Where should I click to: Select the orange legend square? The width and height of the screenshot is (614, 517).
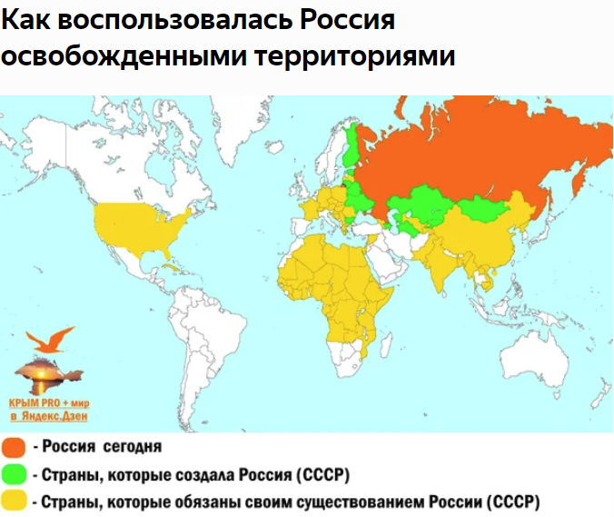click(13, 448)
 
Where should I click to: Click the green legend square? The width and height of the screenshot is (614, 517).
click(13, 473)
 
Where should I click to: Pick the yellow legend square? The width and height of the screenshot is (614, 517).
click(13, 500)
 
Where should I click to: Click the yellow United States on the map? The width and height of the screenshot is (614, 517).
click(141, 227)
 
